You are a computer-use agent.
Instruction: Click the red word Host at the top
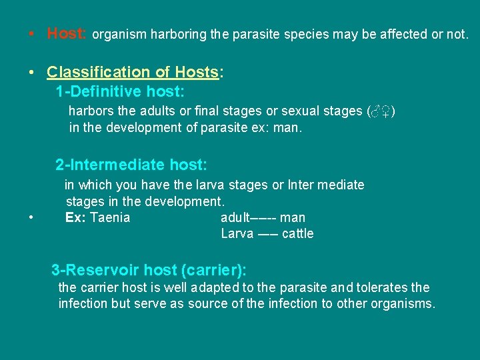point(65,34)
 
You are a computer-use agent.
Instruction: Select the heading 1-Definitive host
point(120,91)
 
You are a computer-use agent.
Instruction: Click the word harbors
point(93,111)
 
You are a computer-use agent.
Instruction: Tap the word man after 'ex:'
point(289,127)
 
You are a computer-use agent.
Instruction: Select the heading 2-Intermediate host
point(131,164)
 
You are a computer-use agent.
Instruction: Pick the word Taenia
point(110,217)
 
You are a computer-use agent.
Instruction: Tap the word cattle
point(297,233)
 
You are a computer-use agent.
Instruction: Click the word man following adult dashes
point(293,217)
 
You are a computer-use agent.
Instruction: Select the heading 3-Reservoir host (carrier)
point(149,270)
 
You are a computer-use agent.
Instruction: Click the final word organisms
point(405,305)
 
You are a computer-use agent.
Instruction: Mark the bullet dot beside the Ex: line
point(31,218)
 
